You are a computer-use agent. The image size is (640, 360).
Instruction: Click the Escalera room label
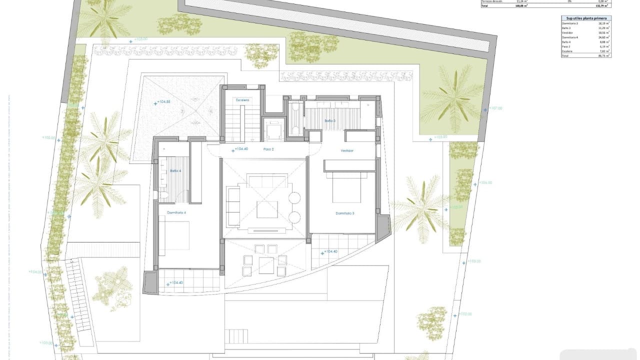(x=242, y=100)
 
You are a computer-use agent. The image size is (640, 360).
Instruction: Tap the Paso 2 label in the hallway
(x=269, y=149)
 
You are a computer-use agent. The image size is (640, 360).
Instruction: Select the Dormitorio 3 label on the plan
(x=344, y=213)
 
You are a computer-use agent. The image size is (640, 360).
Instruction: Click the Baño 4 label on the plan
(x=175, y=171)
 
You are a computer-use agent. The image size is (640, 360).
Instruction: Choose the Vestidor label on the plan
(x=347, y=150)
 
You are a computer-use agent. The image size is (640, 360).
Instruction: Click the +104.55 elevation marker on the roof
(x=163, y=102)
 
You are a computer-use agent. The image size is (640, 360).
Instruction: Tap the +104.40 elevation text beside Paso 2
(x=241, y=149)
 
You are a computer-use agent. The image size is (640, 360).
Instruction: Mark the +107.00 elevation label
(x=495, y=108)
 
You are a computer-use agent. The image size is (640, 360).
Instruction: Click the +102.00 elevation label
(x=465, y=314)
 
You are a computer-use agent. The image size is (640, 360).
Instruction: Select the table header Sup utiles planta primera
(x=586, y=18)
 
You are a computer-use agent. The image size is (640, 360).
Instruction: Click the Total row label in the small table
(x=565, y=56)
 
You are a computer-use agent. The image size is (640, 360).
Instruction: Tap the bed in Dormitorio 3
(x=346, y=187)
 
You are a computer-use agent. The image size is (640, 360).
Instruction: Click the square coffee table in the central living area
(x=267, y=209)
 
